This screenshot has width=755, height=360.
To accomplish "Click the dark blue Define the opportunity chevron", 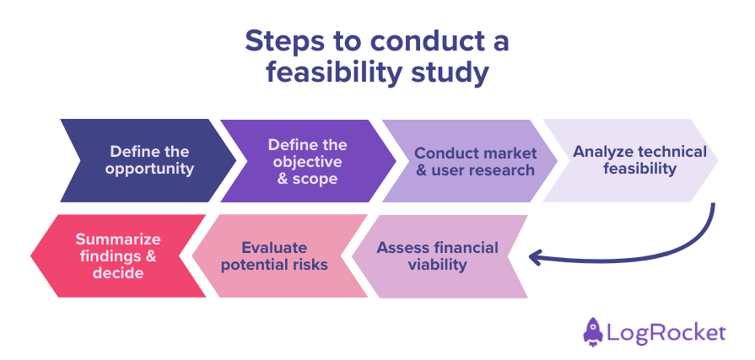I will pos(148,160).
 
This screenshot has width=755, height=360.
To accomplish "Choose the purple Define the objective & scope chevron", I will pos(308,160).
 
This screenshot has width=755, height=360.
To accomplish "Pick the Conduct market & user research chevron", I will pos(472,160).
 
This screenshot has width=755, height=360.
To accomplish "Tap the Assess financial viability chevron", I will pos(439,256).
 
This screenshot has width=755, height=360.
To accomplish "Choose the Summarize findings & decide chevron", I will pos(118,256).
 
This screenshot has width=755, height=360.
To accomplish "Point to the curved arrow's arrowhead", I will pos(534,256).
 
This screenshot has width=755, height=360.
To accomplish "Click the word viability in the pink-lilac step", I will pos(438,265).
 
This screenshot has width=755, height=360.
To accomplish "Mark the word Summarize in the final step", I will pos(118,239).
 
